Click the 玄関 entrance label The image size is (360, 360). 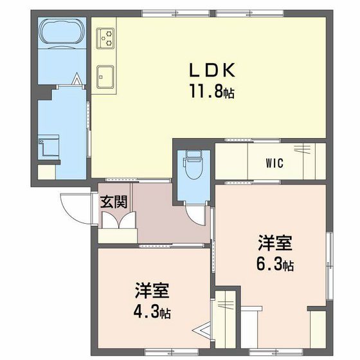click(113, 201)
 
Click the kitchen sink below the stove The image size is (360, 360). click(104, 76)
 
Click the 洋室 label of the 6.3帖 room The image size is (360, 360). click(275, 243)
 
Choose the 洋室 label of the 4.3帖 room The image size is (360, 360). click(152, 291)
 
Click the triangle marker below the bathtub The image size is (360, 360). click(76, 80)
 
